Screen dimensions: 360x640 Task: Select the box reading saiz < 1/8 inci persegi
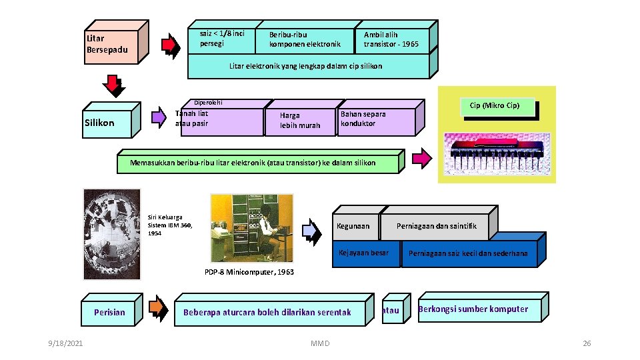tap(222, 39)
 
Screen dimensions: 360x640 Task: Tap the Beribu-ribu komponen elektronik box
tap(304, 40)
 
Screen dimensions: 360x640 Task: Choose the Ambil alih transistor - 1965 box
tap(391, 40)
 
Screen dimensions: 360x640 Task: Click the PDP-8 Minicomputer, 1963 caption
tap(249, 272)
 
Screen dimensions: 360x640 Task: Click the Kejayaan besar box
tap(364, 253)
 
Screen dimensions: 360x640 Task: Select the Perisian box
tap(109, 312)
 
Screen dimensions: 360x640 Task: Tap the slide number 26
tap(587, 343)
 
